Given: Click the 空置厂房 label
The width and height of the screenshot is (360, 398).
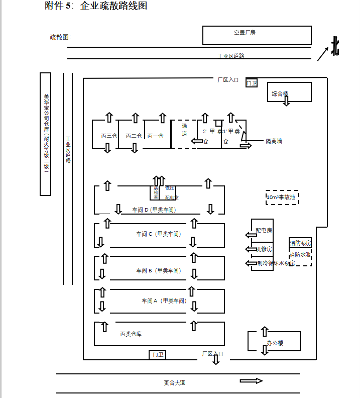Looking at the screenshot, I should pyautogui.click(x=245, y=33).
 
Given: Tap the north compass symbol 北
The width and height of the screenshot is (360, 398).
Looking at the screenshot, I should pyautogui.click(x=335, y=47).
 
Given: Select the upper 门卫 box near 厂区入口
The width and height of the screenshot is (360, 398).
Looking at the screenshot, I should pyautogui.click(x=252, y=83).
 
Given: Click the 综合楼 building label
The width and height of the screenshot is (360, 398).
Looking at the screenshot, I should pyautogui.click(x=280, y=93).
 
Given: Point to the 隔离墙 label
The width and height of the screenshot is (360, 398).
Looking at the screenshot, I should pyautogui.click(x=274, y=141).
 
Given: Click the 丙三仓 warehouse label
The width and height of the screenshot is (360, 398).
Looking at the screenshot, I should pyautogui.click(x=109, y=136).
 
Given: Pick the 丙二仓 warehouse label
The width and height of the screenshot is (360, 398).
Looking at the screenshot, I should pyautogui.click(x=134, y=136).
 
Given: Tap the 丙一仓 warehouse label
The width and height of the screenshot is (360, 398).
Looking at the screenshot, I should pyautogui.click(x=155, y=136).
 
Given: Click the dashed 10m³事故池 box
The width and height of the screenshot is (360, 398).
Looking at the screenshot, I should pyautogui.click(x=282, y=197).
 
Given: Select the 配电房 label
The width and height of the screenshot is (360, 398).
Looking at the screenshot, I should pyautogui.click(x=264, y=231).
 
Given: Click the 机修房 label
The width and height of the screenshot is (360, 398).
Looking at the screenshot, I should pyautogui.click(x=264, y=249).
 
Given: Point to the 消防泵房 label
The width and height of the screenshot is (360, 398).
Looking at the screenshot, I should pyautogui.click(x=300, y=243).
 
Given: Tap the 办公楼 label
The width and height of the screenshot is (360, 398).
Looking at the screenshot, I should pyautogui.click(x=275, y=343).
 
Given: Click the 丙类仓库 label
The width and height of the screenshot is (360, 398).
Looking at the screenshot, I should pyautogui.click(x=131, y=334).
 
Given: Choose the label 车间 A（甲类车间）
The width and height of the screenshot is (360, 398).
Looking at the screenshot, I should pyautogui.click(x=164, y=301).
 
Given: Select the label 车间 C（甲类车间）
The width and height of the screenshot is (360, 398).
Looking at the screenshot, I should pyautogui.click(x=158, y=234).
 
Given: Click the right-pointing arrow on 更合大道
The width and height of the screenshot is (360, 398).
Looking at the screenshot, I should pyautogui.click(x=251, y=381).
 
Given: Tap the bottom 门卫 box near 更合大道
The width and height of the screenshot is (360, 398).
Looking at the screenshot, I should pyautogui.click(x=158, y=355).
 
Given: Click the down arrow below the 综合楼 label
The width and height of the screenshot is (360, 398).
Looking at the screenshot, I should pyautogui.click(x=286, y=101).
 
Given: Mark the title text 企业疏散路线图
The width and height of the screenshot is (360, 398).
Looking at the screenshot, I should pyautogui.click(x=113, y=6).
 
